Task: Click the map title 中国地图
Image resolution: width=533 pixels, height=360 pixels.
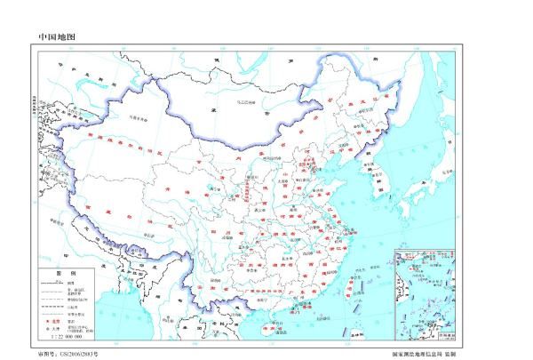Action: [x=58, y=37]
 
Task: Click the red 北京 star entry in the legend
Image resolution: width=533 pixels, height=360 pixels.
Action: [x=54, y=317]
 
